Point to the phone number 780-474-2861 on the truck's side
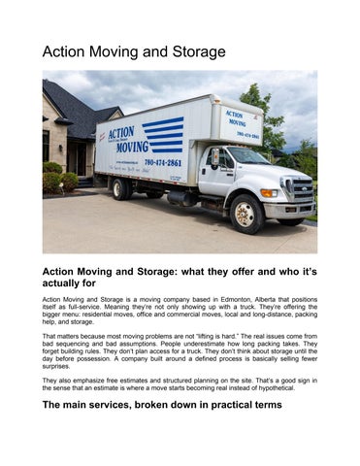163,162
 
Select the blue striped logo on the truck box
162,134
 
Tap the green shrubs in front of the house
58,182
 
